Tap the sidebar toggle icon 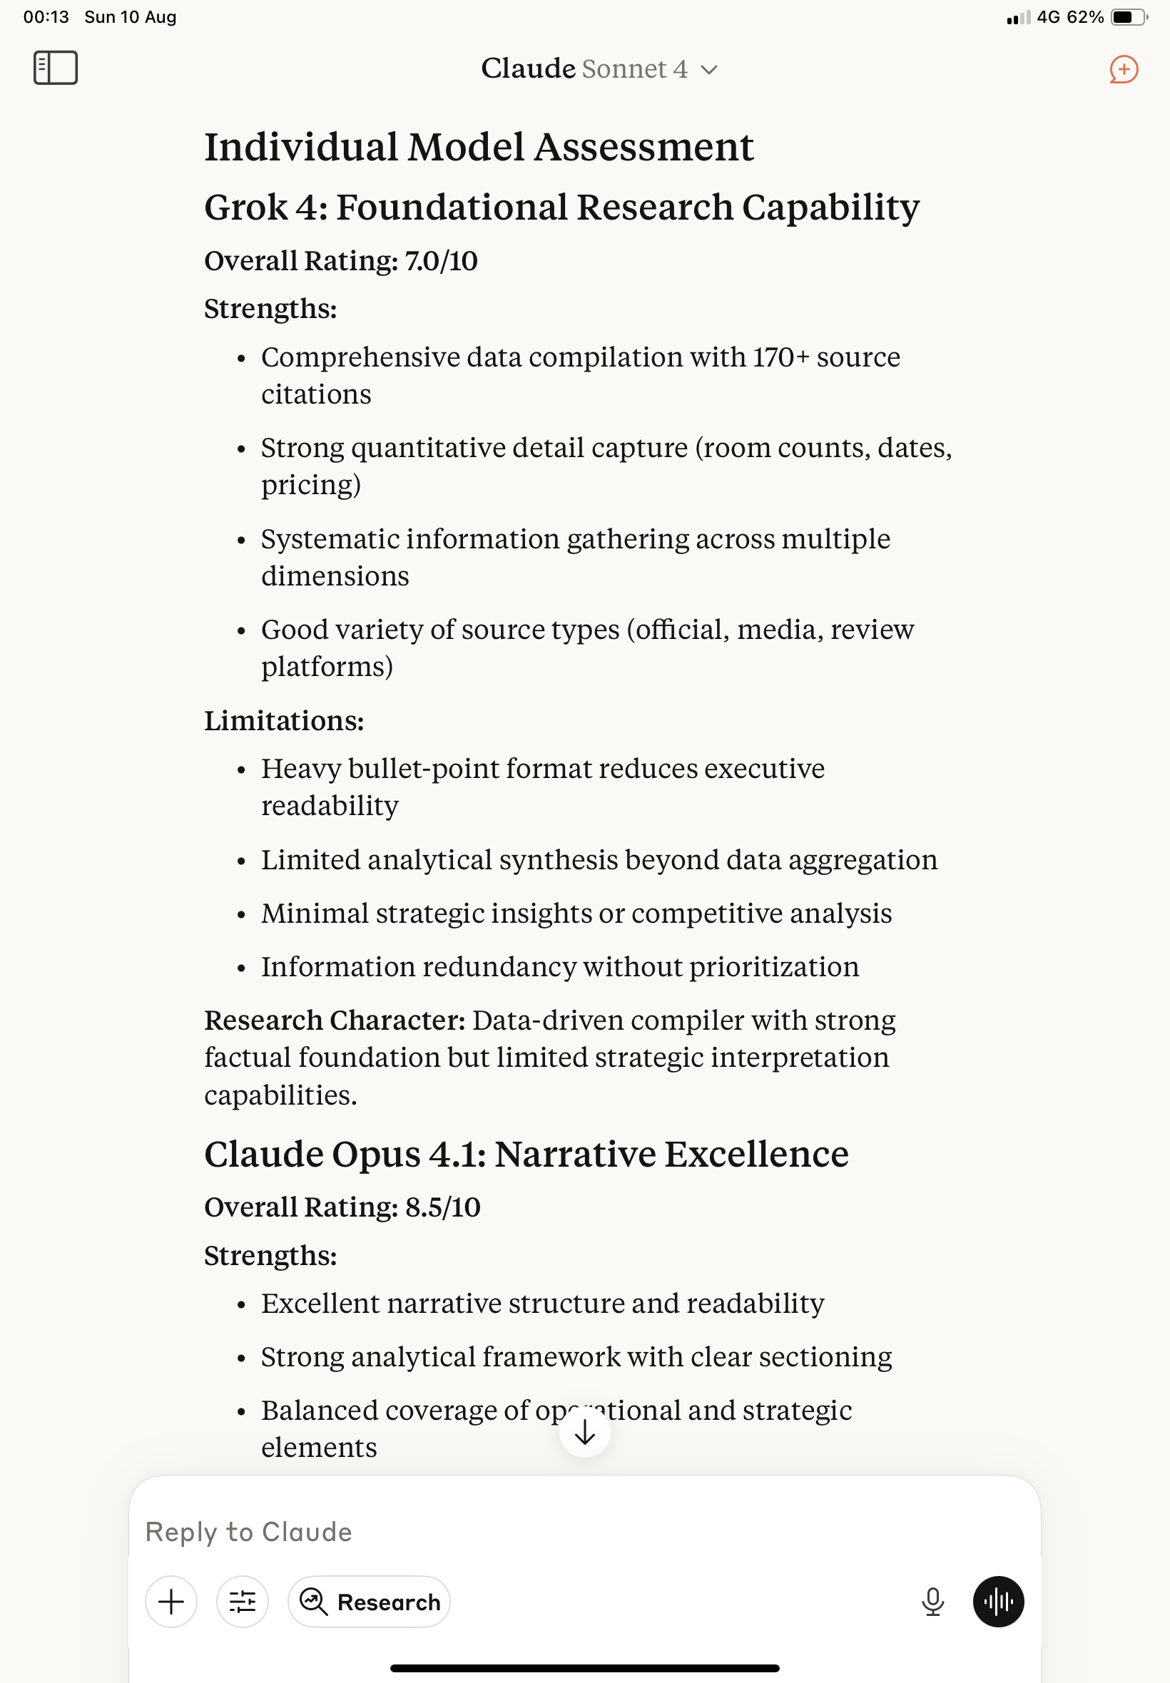click(x=56, y=68)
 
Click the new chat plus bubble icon click(x=1123, y=70)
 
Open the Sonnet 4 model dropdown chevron click(x=708, y=71)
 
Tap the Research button click(x=370, y=1602)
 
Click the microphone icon click(x=932, y=1602)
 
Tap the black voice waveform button click(x=998, y=1602)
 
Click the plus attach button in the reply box click(x=171, y=1602)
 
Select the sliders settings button click(x=242, y=1602)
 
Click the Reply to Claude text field click(x=513, y=1531)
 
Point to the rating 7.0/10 click(x=441, y=261)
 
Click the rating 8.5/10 click(x=442, y=1207)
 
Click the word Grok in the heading click(x=245, y=208)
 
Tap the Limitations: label click(x=284, y=721)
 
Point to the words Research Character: click(x=335, y=1020)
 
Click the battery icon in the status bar click(x=1128, y=17)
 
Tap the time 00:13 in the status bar click(x=46, y=17)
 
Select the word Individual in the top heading click(x=300, y=148)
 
